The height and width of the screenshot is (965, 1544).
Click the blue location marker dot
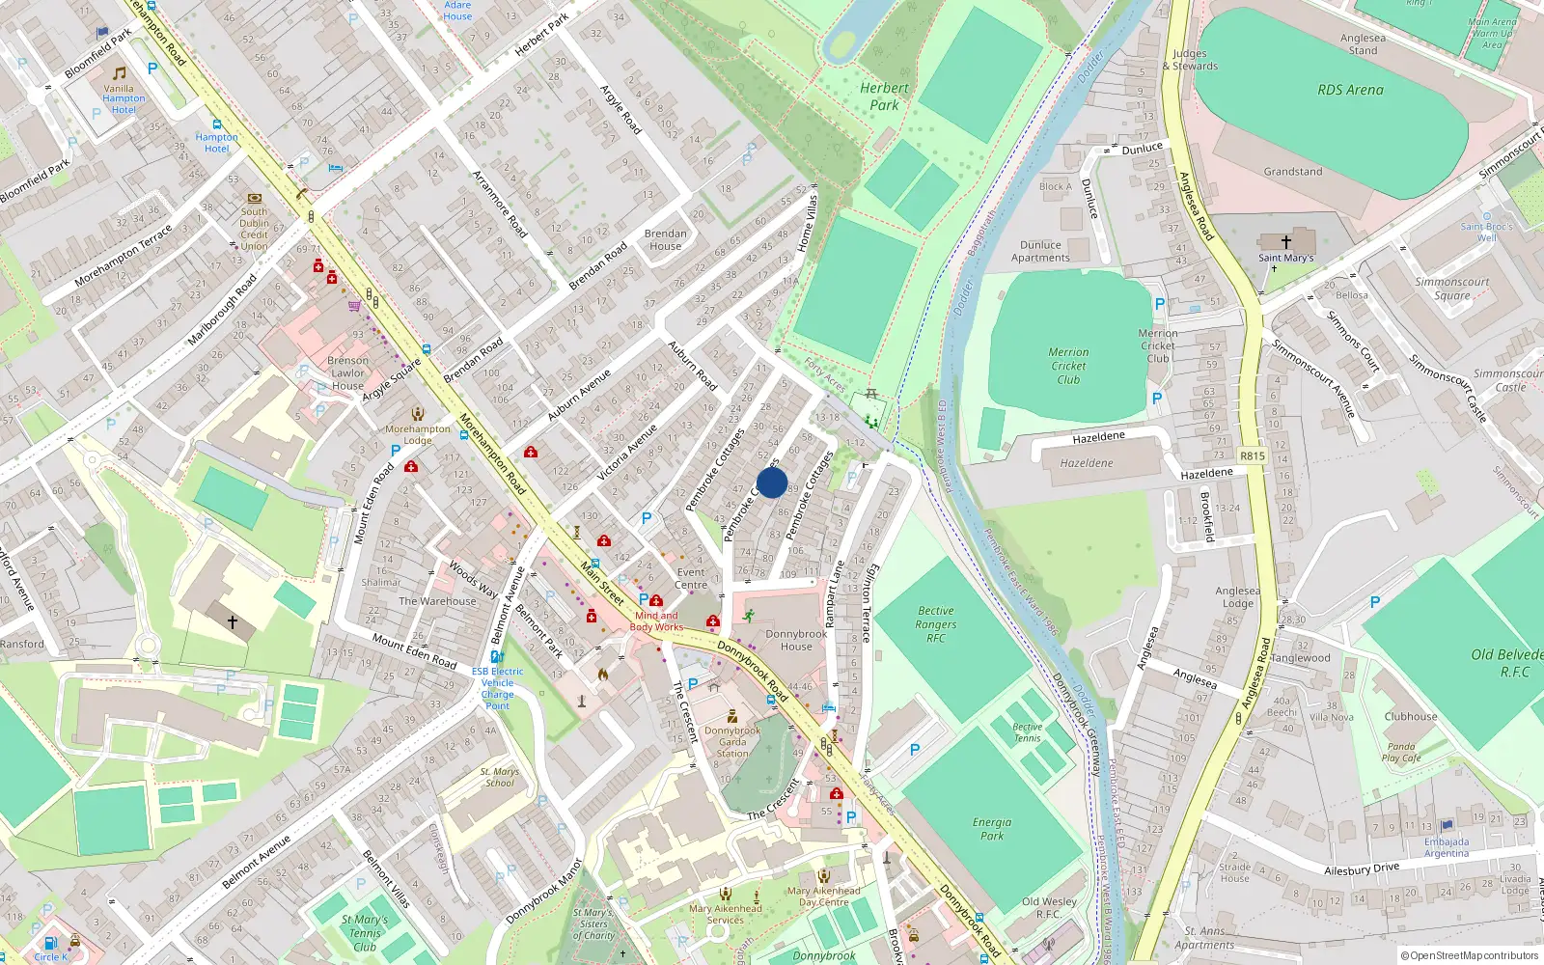tap(771, 482)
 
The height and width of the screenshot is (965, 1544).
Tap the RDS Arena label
tap(1350, 90)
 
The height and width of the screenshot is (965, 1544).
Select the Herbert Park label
tap(884, 96)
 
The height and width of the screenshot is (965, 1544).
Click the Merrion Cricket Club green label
tap(1068, 366)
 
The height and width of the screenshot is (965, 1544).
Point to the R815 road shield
tap(1252, 455)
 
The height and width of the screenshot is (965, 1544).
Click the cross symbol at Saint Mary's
tap(1285, 241)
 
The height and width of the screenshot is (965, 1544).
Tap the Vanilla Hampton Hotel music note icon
tap(120, 73)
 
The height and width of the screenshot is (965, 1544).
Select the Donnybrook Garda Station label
tap(732, 742)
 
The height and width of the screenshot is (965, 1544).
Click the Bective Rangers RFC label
tap(935, 624)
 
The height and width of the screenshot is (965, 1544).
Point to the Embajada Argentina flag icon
tap(1446, 826)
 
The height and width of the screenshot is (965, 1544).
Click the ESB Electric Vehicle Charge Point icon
tap(497, 656)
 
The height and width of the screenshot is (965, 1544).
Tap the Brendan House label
tap(665, 239)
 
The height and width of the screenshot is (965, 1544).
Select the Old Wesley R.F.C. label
tap(1049, 907)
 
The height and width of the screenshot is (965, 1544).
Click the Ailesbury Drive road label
tap(1361, 869)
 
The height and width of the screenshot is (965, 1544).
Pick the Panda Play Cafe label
tap(1401, 752)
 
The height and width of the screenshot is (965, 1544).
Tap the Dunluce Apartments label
tap(1040, 251)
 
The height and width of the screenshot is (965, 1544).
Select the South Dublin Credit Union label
tap(254, 229)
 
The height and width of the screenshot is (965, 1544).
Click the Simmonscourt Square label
tap(1451, 289)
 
